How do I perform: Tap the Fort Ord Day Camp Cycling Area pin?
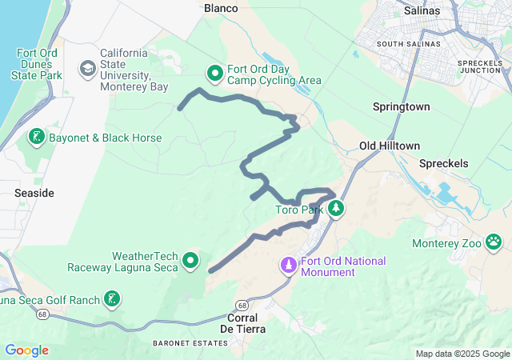(215, 74)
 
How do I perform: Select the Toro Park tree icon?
(336, 209)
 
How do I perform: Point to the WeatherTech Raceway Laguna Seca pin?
(190, 260)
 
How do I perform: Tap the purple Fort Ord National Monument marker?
(288, 264)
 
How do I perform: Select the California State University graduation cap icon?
(86, 69)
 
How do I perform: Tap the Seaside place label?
(34, 194)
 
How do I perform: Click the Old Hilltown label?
(390, 146)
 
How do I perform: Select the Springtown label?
(401, 106)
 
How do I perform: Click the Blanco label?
(222, 8)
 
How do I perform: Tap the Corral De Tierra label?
(242, 323)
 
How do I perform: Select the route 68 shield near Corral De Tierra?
(242, 306)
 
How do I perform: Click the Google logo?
(26, 350)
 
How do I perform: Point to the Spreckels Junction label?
(479, 66)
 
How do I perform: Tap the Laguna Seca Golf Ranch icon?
(112, 300)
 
